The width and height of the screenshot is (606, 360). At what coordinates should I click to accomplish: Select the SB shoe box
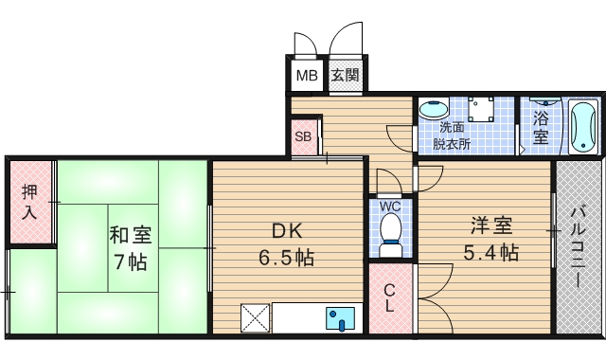pyautogui.click(x=303, y=135)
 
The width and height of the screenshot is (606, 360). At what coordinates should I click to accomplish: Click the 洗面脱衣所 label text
pyautogui.click(x=452, y=135)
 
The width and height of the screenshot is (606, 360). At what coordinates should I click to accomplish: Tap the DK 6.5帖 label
pyautogui.click(x=280, y=243)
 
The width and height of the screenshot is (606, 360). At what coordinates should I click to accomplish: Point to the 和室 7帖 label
pyautogui.click(x=129, y=247)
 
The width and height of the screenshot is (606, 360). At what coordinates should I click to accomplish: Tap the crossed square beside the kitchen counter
pyautogui.click(x=256, y=317)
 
